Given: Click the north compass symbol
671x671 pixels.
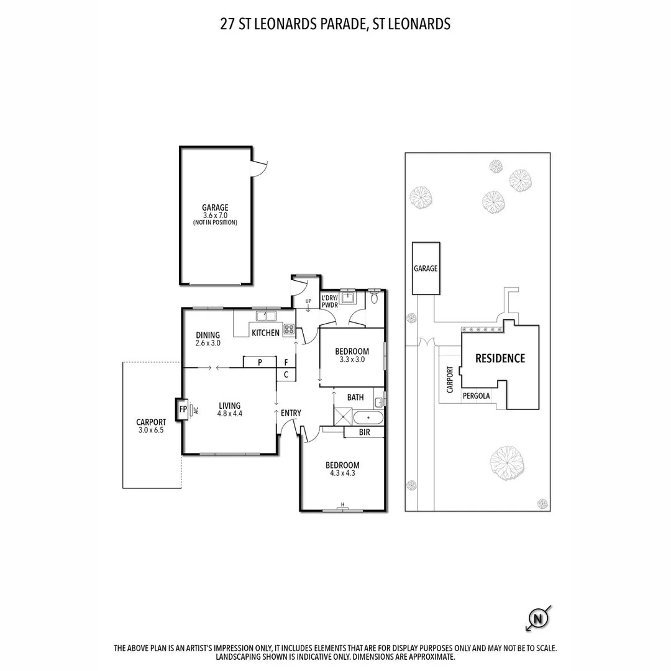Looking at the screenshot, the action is pos(538,618).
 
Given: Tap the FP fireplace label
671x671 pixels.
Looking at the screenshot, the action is pos(183,409).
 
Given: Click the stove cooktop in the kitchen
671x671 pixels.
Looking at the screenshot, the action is pos(289,329).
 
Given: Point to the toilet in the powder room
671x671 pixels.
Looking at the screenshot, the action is pos(375,297).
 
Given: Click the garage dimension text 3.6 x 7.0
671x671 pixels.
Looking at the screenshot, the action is pos(215,216).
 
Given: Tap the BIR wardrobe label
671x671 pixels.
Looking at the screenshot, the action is pos(365,432).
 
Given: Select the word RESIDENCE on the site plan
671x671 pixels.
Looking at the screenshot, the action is pos(500,358).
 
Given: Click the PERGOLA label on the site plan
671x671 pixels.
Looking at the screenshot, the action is pos(477,396).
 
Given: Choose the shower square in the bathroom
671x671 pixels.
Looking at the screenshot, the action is pos(343,417).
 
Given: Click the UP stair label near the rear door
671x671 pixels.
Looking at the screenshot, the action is pos(308,301).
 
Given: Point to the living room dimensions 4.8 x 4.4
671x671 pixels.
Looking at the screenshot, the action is pos(230,413).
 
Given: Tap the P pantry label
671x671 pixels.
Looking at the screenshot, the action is pos(260,362).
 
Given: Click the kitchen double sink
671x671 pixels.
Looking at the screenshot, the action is pos(266,316).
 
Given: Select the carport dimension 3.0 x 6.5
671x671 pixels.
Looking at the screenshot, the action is pos(151,430).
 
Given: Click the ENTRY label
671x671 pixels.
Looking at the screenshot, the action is pos(291,413).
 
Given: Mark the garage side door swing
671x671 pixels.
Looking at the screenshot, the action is pos(258,168).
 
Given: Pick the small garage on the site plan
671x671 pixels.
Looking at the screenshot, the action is pos(426,268).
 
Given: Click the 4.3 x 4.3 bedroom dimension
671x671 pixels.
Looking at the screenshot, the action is pos(342,473).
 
